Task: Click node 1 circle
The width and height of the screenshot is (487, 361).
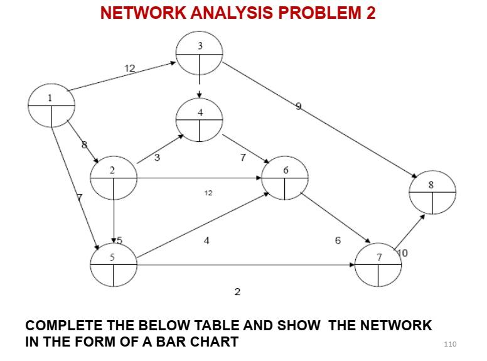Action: point(51,105)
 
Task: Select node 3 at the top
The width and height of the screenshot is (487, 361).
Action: point(200,54)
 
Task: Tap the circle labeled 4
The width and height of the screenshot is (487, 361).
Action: point(200,119)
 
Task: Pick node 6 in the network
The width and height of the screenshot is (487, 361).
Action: point(285,178)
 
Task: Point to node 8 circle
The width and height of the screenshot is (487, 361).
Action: point(432,192)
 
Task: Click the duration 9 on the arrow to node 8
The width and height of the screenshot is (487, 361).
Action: point(299,107)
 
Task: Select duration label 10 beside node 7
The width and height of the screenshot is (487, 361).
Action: point(403,253)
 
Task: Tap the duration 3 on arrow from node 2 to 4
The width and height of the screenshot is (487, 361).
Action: point(157,158)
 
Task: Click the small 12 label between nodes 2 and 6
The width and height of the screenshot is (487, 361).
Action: point(208,193)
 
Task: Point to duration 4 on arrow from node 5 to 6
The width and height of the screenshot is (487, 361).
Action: point(206,241)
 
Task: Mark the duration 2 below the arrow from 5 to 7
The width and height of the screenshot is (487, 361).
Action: point(237,292)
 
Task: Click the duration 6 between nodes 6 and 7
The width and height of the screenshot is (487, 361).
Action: point(338,241)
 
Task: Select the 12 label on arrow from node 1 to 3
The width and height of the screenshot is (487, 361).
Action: point(129,69)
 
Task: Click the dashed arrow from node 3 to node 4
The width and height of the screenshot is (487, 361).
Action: point(200,87)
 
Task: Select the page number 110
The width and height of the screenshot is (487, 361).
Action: point(450,343)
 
